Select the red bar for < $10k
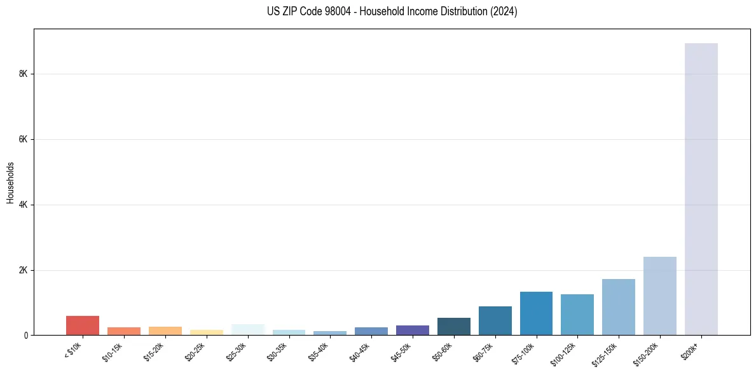[83, 325]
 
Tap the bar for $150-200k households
[659, 296]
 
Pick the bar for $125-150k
[618, 307]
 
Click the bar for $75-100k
[536, 313]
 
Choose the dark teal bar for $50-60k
[453, 327]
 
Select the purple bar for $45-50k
[412, 331]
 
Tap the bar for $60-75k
[495, 321]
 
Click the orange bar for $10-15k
[124, 331]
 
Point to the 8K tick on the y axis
[24, 74]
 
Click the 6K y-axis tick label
[24, 139]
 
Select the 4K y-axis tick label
[24, 205]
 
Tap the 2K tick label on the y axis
[24, 270]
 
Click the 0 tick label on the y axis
[26, 336]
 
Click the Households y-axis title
[10, 182]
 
